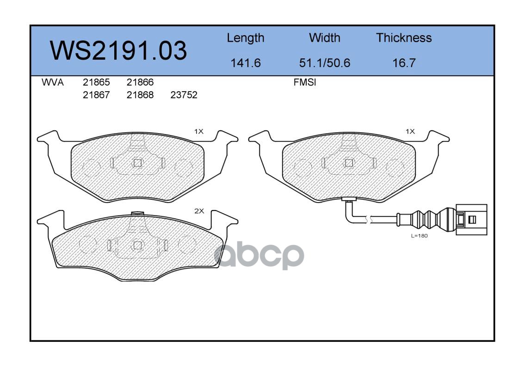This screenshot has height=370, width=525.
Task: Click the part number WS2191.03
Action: [x=118, y=50]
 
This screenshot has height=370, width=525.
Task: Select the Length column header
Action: [x=246, y=38]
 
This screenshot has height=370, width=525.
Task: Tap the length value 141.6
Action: [x=246, y=62]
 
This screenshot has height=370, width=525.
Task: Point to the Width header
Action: [x=324, y=37]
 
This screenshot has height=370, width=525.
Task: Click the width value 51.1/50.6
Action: [x=324, y=62]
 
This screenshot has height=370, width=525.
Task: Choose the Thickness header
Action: [x=404, y=37]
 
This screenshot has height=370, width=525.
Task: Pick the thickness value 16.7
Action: [x=404, y=62]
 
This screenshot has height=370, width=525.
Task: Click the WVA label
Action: [x=53, y=82]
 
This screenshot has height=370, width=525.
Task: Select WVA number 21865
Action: [x=96, y=82]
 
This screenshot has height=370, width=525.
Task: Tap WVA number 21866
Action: [x=140, y=82]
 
